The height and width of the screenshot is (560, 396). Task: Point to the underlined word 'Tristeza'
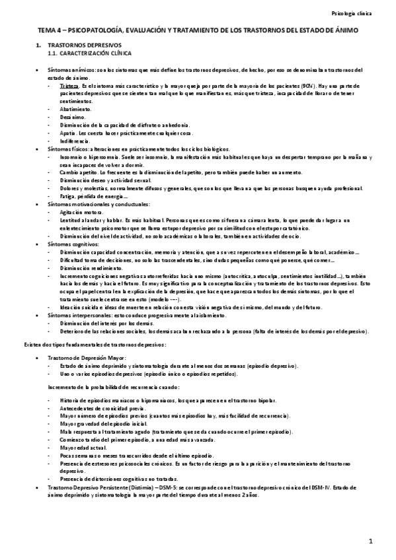(x=68, y=86)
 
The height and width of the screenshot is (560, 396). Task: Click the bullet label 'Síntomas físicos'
(x=65, y=149)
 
